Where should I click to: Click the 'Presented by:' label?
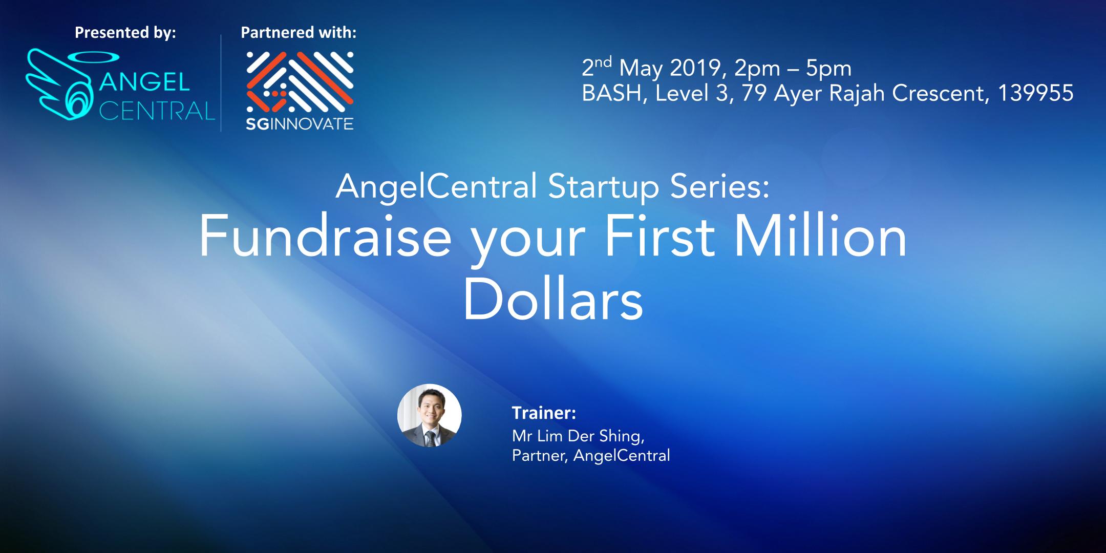pyautogui.click(x=125, y=33)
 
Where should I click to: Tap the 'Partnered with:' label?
pyautogui.click(x=299, y=33)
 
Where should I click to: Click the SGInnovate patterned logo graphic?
pyautogui.click(x=300, y=82)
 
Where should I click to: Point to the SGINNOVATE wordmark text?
pyautogui.click(x=300, y=124)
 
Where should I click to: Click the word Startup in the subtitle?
pyautogui.click(x=603, y=188)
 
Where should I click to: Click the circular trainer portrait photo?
pyautogui.click(x=430, y=416)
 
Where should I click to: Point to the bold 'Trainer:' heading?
pyautogui.click(x=544, y=413)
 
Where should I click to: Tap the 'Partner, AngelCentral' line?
pyautogui.click(x=591, y=455)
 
